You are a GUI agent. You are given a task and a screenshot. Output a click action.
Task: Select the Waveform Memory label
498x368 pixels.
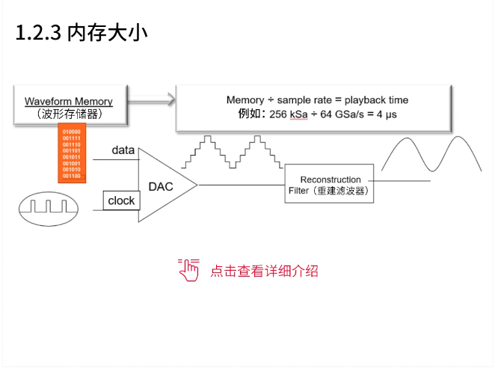click(68, 102)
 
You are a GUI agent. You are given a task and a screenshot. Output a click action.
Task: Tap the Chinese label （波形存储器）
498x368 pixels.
click(68, 114)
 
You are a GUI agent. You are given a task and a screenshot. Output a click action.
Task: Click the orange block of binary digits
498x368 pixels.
click(73, 154)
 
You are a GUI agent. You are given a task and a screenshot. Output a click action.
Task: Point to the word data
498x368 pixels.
click(123, 150)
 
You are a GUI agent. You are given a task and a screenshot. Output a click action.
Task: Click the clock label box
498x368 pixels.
click(120, 200)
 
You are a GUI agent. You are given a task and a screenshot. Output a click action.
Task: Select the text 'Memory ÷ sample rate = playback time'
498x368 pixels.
click(317, 99)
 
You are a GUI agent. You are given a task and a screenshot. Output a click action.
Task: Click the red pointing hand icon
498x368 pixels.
click(189, 269)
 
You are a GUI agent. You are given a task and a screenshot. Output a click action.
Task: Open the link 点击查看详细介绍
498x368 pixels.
click(264, 271)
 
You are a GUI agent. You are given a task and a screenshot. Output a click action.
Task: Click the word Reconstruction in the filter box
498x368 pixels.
click(330, 180)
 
